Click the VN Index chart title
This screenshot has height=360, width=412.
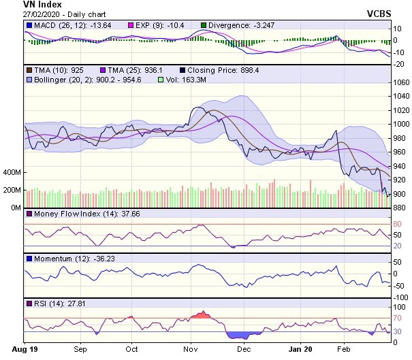pos(23,4)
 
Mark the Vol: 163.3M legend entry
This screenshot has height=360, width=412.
pos(185,80)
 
